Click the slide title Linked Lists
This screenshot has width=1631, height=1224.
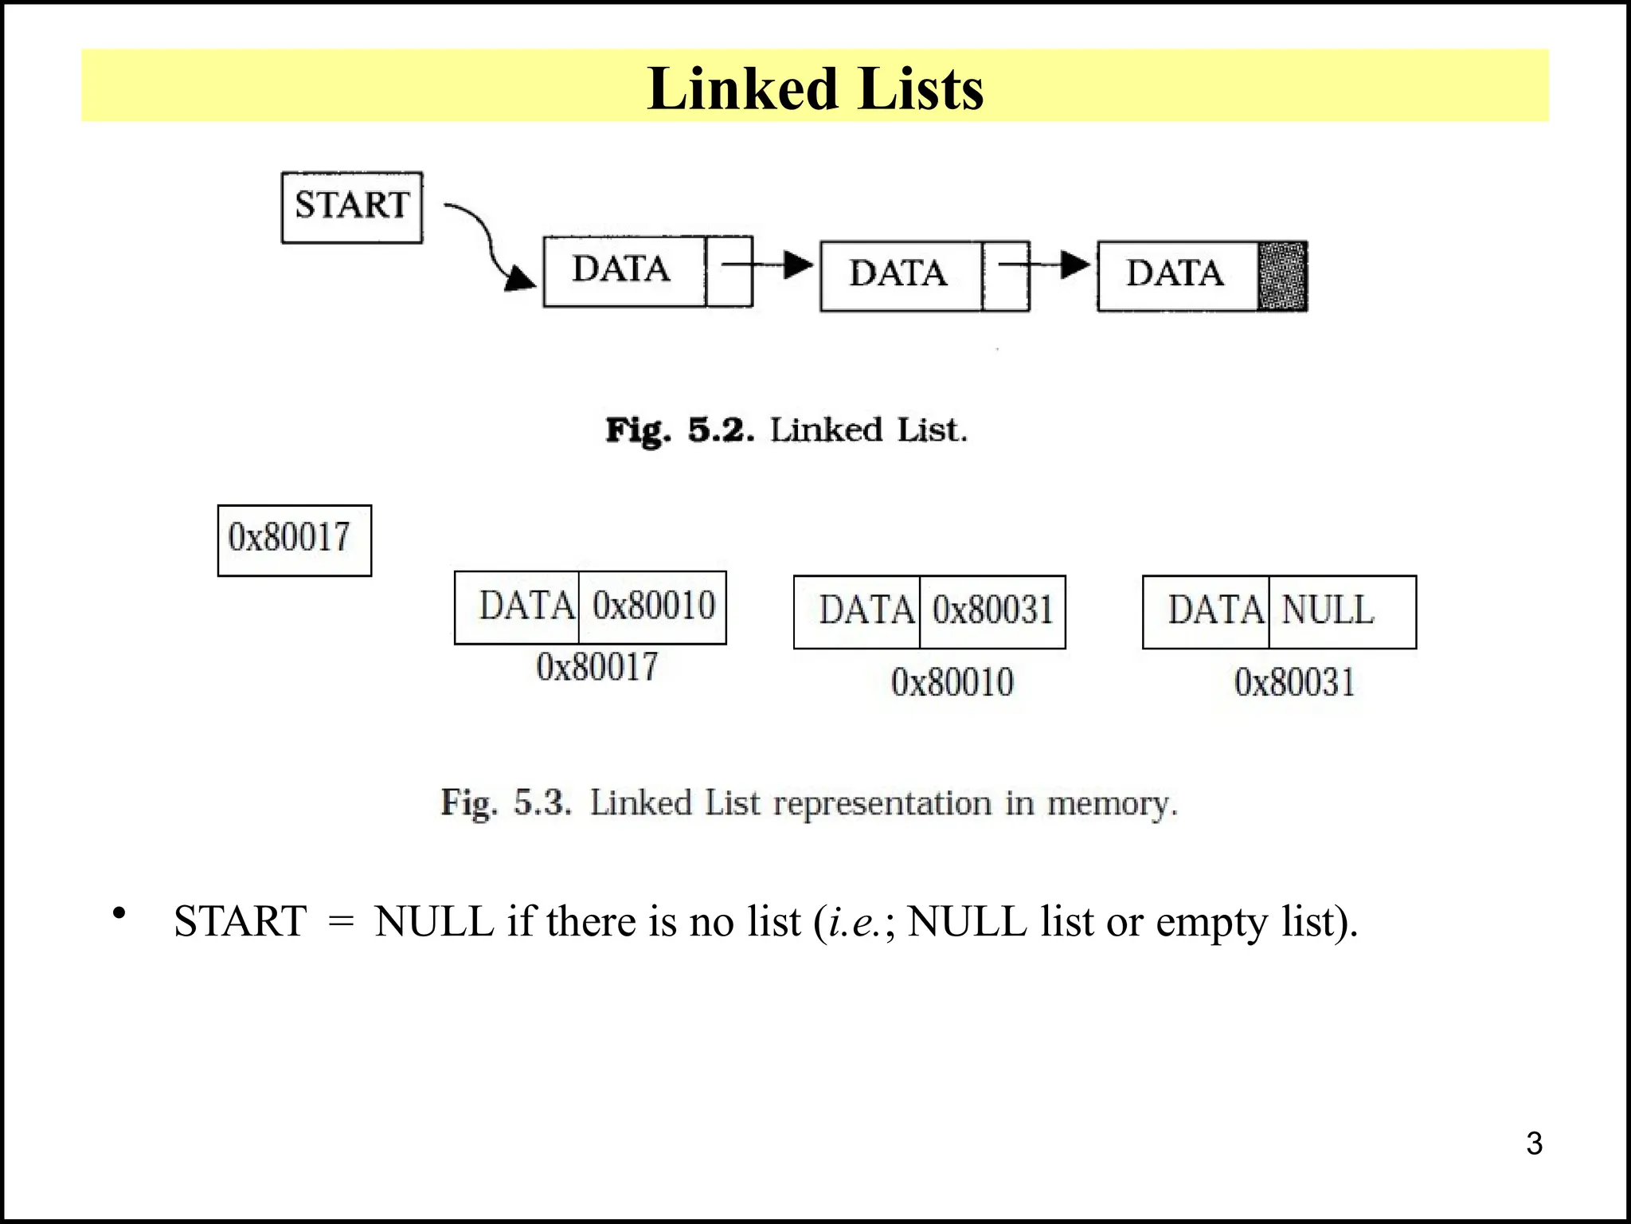click(x=815, y=88)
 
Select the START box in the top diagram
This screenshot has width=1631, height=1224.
click(x=352, y=207)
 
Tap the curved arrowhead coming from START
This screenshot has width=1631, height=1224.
click(x=521, y=279)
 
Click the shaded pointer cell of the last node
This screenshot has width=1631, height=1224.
click(x=1281, y=276)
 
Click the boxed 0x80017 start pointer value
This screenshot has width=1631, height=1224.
click(x=294, y=539)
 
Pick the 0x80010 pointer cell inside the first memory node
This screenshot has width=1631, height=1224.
click(x=653, y=606)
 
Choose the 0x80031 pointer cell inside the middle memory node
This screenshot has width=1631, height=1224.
click(x=992, y=611)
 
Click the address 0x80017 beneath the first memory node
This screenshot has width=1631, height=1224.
click(x=597, y=667)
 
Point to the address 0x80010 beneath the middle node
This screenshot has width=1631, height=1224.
click(x=952, y=683)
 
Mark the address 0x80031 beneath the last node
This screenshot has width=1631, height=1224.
click(x=1294, y=683)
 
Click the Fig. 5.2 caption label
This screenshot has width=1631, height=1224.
click(x=679, y=430)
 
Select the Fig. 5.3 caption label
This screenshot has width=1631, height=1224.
click(x=507, y=802)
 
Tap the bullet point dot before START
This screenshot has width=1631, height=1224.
click(x=119, y=913)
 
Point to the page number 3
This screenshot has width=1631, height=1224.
click(x=1534, y=1144)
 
